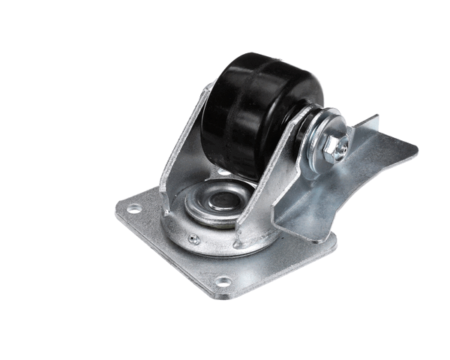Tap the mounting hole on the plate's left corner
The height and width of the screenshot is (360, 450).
coord(133,209)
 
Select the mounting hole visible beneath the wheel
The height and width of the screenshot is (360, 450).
coord(223,172)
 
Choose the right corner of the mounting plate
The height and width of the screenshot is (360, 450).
coord(334,240)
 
